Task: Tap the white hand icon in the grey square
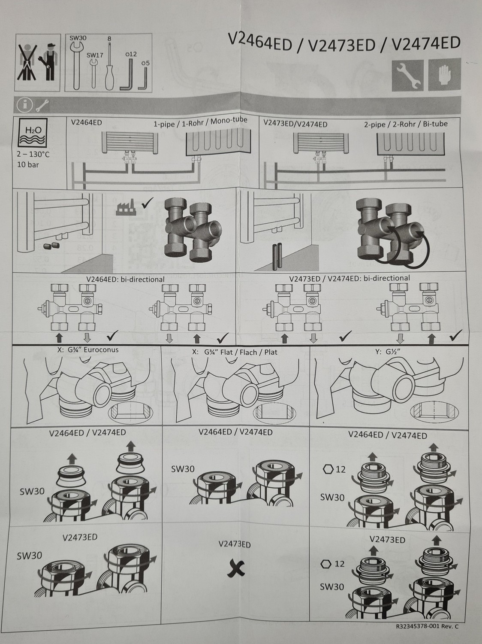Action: pos(445,75)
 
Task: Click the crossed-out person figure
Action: pos(27,63)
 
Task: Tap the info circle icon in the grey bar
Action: pos(24,105)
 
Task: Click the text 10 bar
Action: pos(28,164)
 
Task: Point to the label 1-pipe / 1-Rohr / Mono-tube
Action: pos(201,122)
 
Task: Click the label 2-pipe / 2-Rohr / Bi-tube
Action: pos(406,124)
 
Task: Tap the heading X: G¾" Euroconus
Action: pos(88,350)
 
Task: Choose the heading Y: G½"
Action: pos(387,352)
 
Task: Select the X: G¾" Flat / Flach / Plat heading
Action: pos(235,352)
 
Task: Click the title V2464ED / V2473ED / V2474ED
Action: pos(344,44)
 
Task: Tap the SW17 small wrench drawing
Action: pos(94,73)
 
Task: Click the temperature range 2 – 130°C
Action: pos(33,154)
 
